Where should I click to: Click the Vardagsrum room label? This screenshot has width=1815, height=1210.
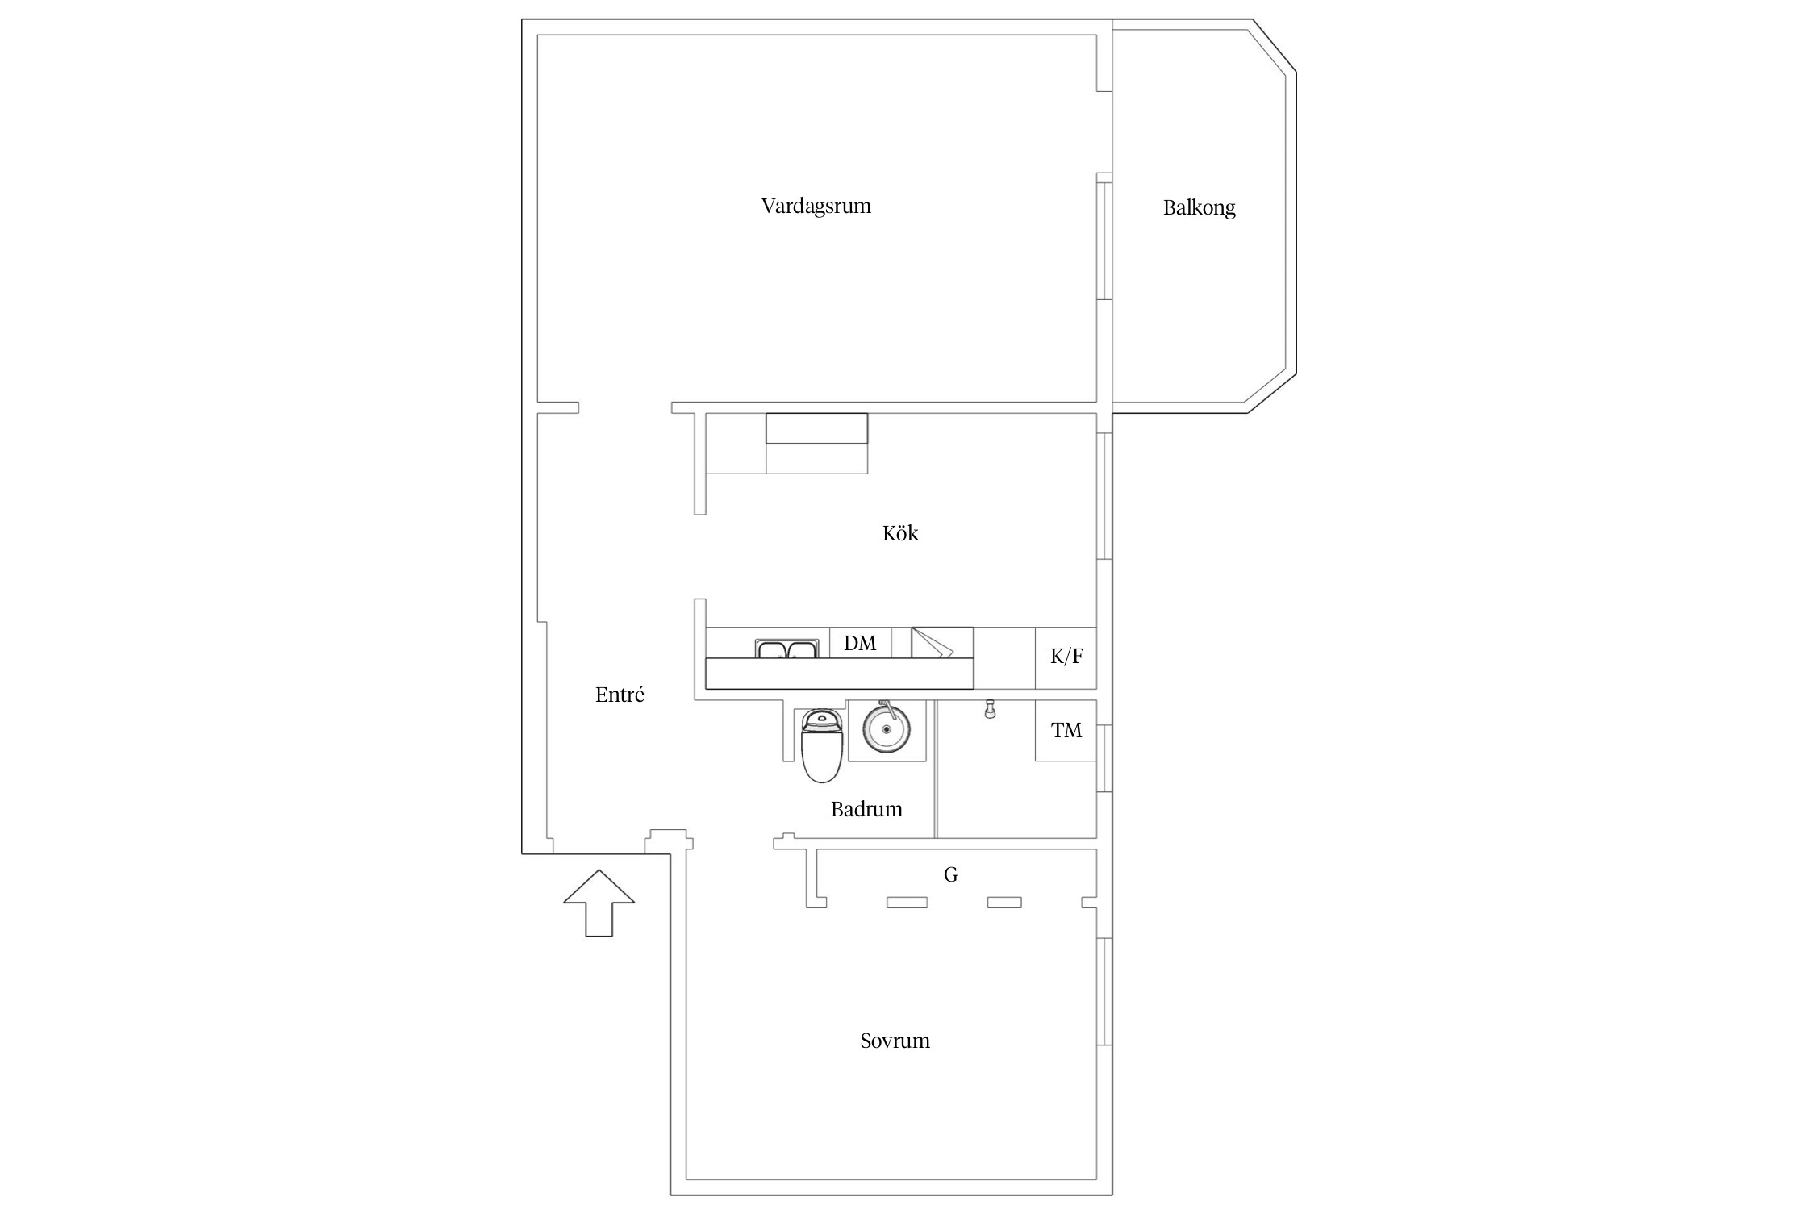pos(816,207)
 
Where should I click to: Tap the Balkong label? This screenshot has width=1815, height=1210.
pos(1199,208)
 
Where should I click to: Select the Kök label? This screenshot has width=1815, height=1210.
pos(900,533)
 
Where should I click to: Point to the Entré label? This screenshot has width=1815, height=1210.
pos(620,695)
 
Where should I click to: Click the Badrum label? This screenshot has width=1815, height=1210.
pos(866,809)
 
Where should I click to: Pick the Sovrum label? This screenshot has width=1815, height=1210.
pos(895,1041)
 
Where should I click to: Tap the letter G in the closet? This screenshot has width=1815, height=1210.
pos(950,874)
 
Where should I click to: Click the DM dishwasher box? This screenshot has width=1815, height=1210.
pos(860,643)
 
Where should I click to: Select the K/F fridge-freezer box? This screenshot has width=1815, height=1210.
pos(1066,657)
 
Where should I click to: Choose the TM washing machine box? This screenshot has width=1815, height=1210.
pos(1066,731)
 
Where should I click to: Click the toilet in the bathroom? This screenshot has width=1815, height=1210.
pos(822,746)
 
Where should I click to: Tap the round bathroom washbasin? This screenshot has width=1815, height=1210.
pos(887,728)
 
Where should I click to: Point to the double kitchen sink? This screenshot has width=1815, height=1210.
pos(786,649)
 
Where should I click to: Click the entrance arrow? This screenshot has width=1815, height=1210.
pos(599,903)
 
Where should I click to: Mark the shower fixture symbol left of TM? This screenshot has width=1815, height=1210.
pos(990,710)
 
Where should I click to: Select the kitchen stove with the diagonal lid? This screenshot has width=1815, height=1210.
pos(942,643)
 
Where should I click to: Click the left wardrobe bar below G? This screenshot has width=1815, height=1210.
pos(907,903)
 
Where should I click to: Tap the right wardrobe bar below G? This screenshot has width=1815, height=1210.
pos(1004,903)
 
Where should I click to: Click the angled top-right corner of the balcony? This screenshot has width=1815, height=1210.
pos(1274,46)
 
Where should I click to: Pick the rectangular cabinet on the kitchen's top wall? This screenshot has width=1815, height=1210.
pos(816,428)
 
